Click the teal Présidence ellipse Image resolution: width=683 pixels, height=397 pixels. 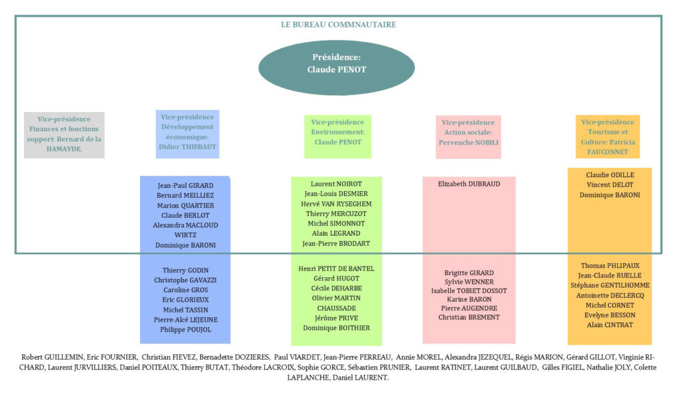pyautogui.click(x=336, y=64)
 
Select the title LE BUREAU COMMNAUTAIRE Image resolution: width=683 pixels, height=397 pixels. pyautogui.click(x=338, y=25)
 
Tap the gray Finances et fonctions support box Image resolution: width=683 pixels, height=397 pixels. pyautogui.click(x=64, y=135)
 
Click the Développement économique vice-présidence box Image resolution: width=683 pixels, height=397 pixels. pyautogui.click(x=187, y=134)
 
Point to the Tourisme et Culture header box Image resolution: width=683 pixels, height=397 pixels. pyautogui.click(x=608, y=137)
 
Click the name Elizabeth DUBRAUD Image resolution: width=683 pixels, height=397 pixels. pyautogui.click(x=469, y=184)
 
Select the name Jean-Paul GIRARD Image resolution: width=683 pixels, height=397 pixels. pyautogui.click(x=185, y=185)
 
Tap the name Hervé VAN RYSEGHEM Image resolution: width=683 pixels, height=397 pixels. pyautogui.click(x=337, y=203)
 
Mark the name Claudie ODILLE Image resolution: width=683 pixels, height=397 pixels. pyautogui.click(x=610, y=175)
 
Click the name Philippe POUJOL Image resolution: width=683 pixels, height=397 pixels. pyautogui.click(x=185, y=330)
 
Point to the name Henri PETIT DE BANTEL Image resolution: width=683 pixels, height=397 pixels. pyautogui.click(x=336, y=268)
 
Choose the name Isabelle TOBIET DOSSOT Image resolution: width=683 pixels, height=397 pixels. pyautogui.click(x=469, y=290)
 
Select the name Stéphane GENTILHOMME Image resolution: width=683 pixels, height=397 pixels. pyautogui.click(x=610, y=285)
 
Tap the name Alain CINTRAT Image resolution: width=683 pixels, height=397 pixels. pyautogui.click(x=610, y=325)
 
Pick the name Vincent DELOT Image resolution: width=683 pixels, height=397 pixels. pyautogui.click(x=610, y=185)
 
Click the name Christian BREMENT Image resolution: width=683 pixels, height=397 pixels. pyautogui.click(x=469, y=318)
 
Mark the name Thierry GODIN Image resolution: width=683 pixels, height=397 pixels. pyautogui.click(x=185, y=270)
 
